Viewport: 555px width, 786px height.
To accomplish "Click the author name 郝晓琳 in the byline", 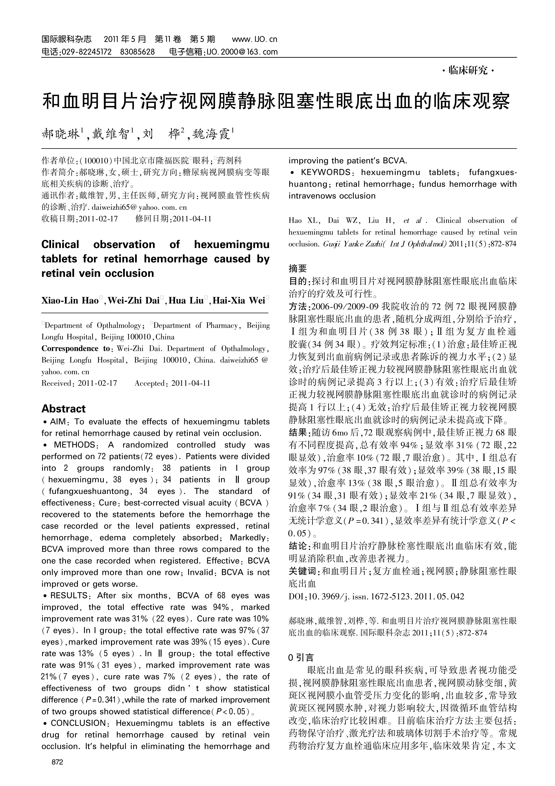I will click(61, 134).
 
